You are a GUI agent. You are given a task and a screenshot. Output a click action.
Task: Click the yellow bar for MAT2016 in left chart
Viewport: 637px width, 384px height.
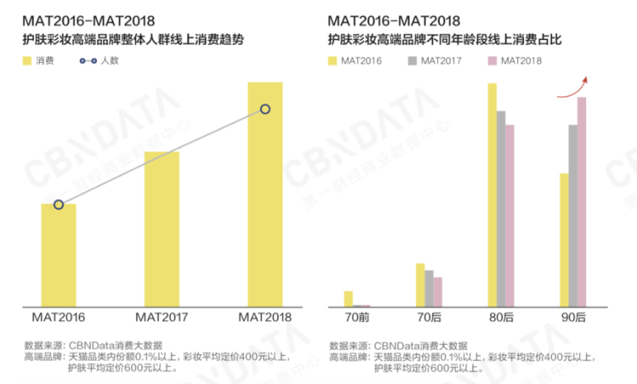[59, 255]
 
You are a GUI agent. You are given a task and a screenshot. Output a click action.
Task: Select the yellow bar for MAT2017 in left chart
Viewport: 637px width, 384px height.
[161, 229]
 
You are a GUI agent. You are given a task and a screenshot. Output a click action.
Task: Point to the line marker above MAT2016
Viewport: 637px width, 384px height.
[59, 205]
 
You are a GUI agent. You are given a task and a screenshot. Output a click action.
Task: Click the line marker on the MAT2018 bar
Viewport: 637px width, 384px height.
[265, 109]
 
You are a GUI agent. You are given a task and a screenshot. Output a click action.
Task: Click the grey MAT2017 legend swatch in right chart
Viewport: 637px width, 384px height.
[413, 61]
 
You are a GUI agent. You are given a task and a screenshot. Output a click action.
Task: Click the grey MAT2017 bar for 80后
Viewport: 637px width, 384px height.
[500, 208]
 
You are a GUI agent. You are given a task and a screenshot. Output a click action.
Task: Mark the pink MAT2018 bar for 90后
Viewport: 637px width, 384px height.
[582, 201]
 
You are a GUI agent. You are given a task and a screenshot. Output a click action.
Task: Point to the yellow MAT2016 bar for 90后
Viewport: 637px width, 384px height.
[563, 240]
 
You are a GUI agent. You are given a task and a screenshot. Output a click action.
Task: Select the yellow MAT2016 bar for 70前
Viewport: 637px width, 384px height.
[348, 298]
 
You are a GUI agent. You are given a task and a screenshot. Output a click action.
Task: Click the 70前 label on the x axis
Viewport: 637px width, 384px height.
[358, 318]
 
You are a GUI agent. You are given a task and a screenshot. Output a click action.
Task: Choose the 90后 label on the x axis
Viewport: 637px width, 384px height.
[572, 318]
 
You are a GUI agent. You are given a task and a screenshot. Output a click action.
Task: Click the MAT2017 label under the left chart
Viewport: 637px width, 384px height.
[161, 318]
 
